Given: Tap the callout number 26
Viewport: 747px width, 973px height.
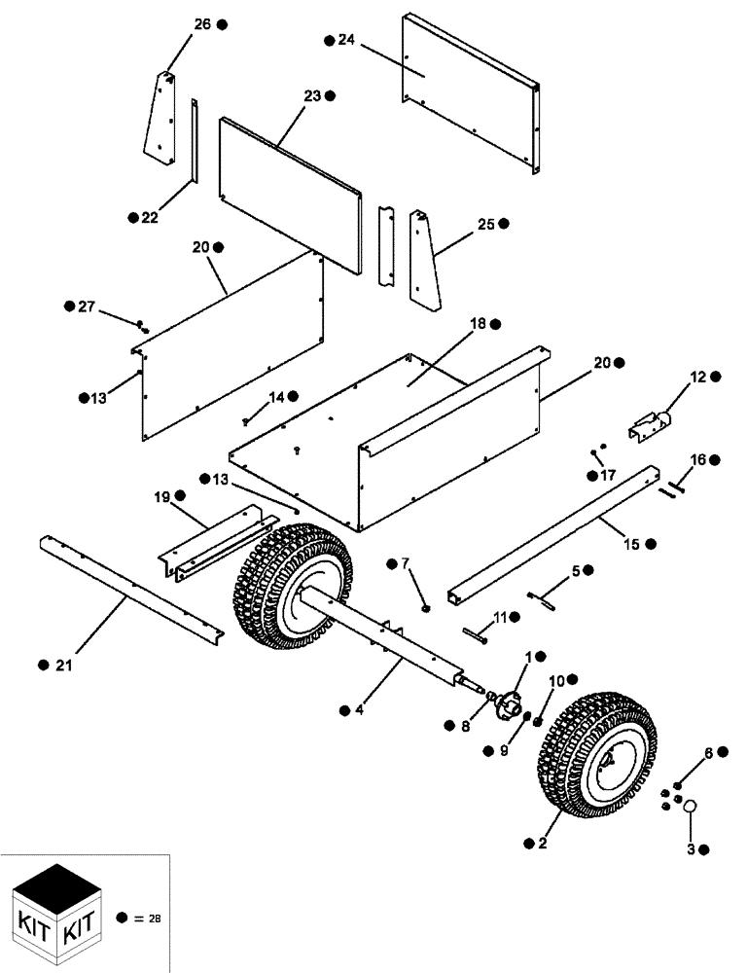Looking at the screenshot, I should [201, 24].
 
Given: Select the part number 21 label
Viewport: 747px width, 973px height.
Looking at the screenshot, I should [64, 665].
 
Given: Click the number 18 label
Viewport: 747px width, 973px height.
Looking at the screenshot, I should [477, 323].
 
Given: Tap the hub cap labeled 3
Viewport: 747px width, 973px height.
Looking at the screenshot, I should [692, 806].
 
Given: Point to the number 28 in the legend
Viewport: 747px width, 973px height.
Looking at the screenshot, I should [154, 918].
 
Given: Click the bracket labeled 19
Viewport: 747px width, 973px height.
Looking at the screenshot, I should [211, 544].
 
